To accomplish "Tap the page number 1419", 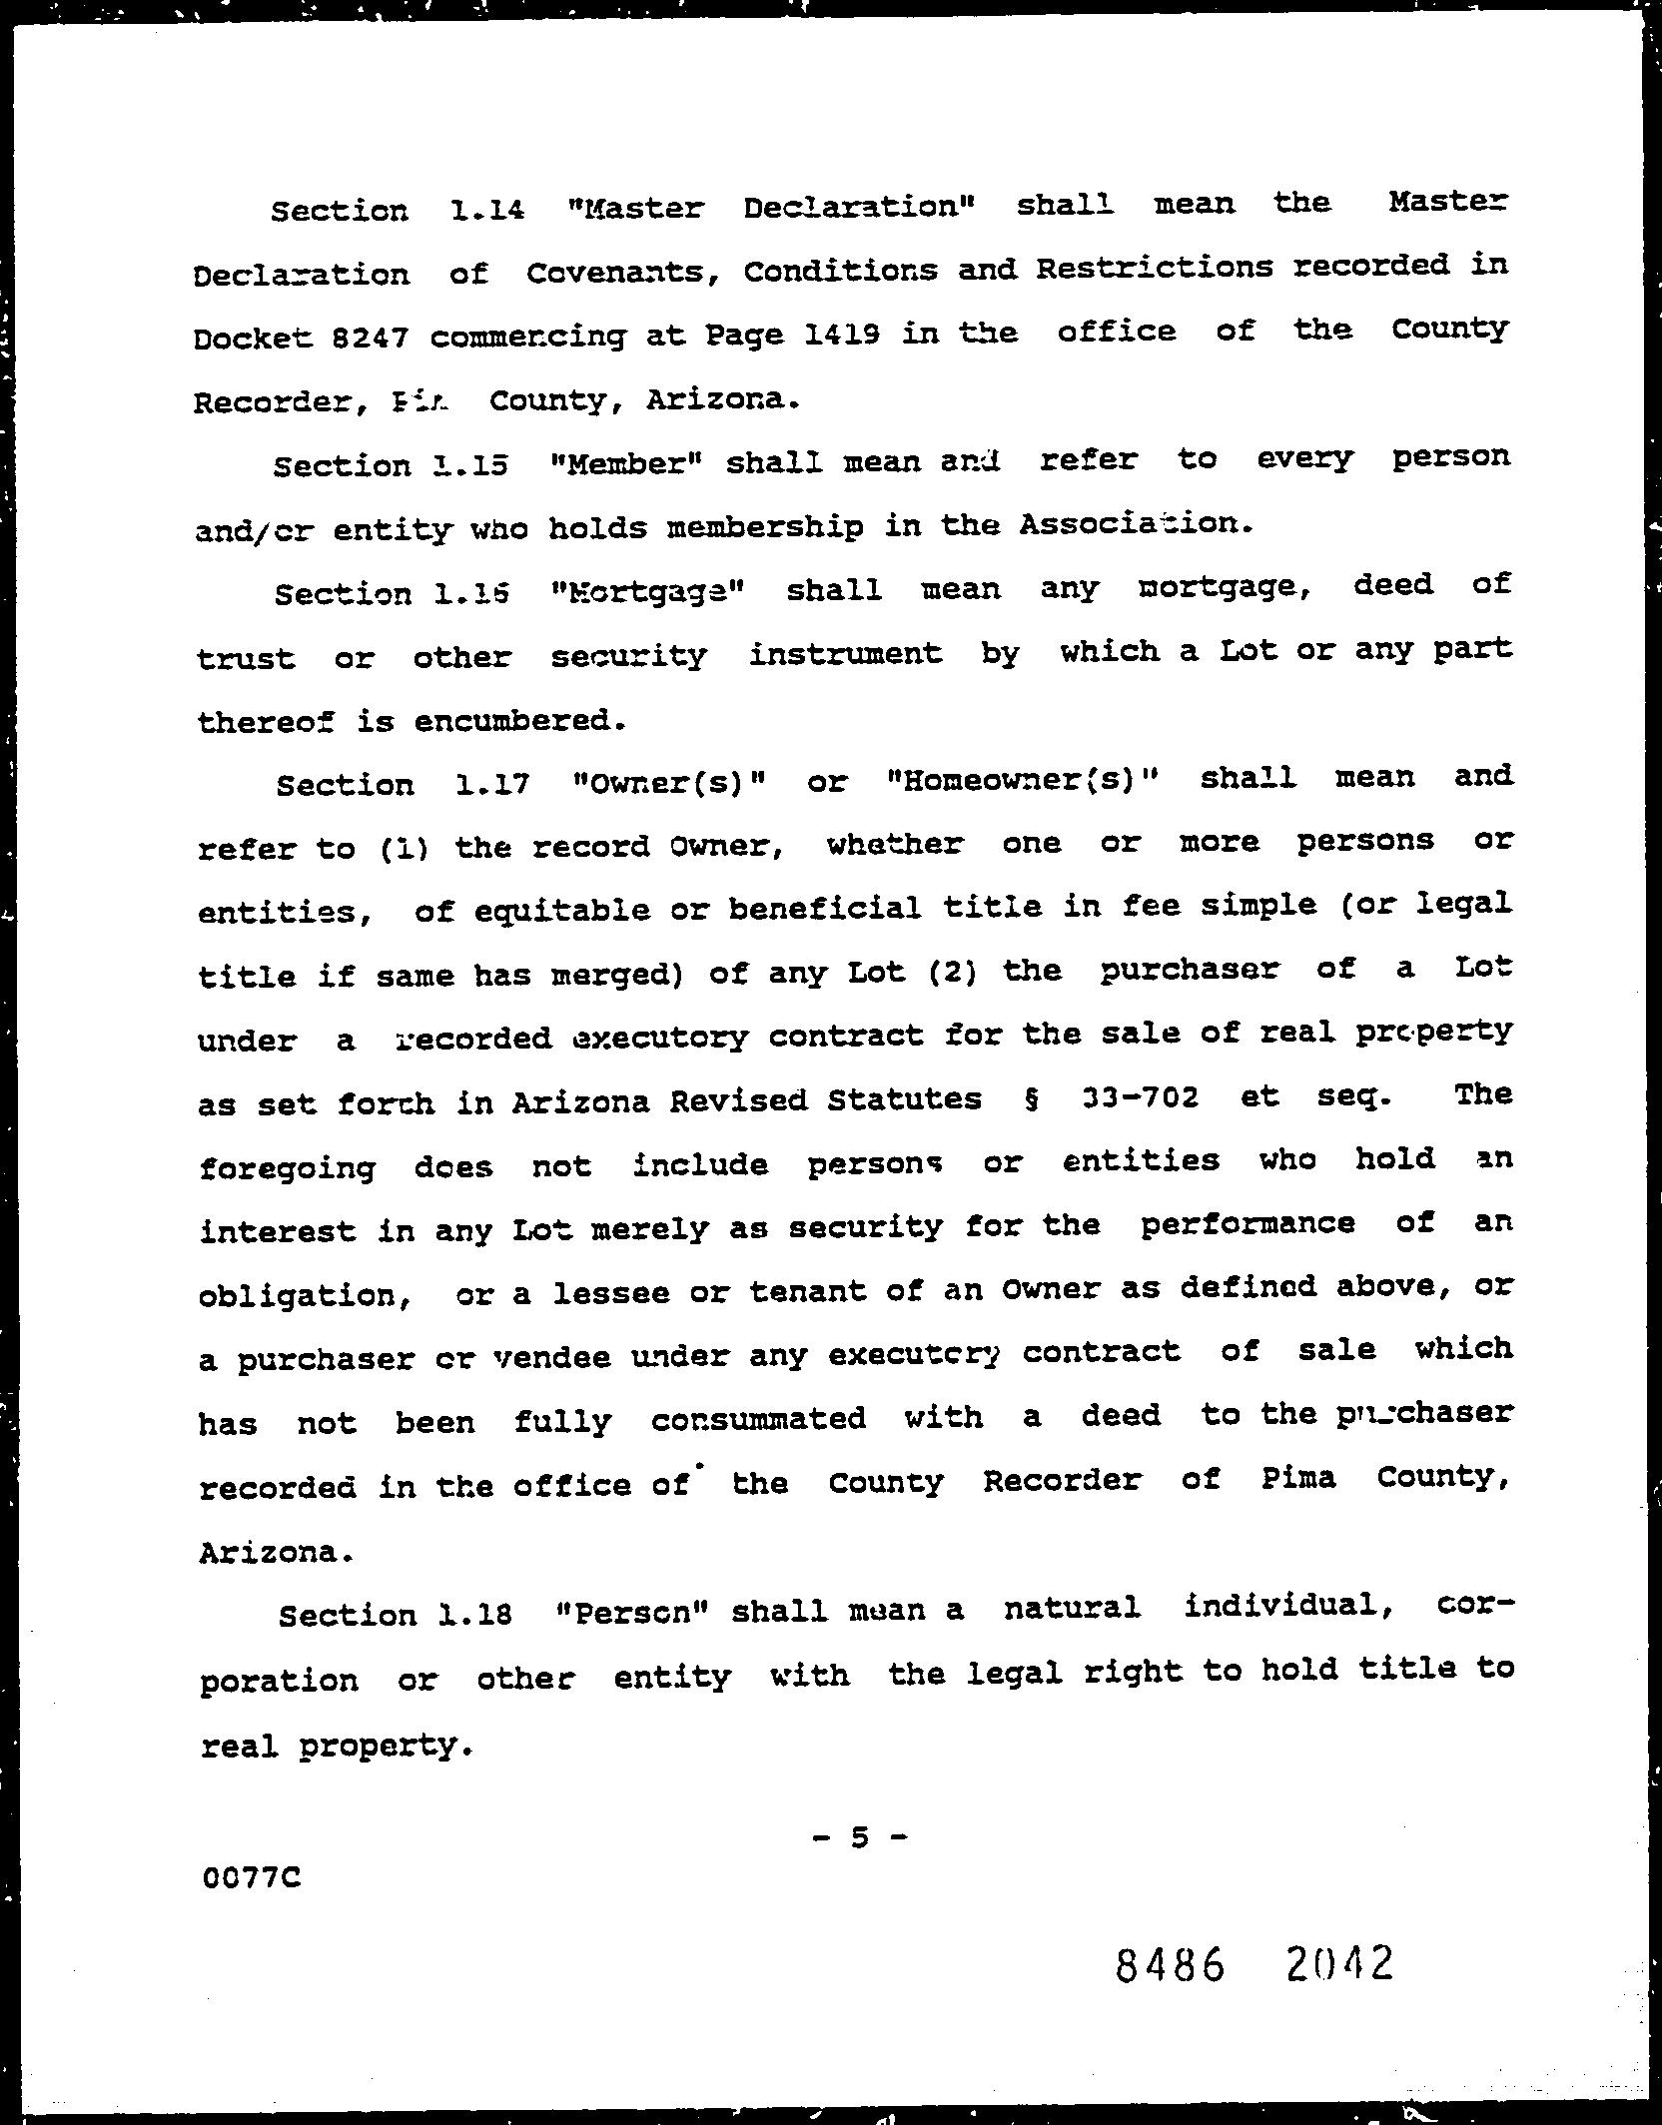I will coord(842,335).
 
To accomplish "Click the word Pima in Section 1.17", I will coord(1297,1478).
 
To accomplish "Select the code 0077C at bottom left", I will coord(251,1878).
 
